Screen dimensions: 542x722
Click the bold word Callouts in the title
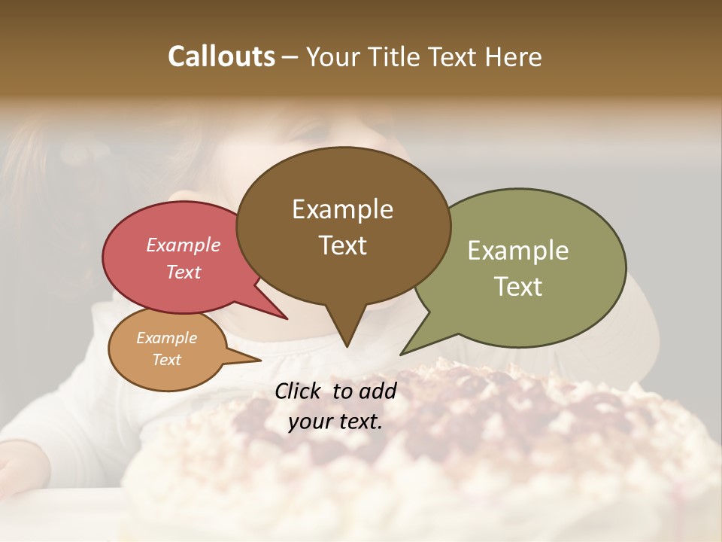click(222, 56)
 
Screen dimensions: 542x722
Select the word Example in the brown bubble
click(342, 209)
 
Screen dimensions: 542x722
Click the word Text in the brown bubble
click(342, 245)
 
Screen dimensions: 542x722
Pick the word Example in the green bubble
click(518, 251)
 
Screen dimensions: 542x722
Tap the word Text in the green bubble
click(518, 287)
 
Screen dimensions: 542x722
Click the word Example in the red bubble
click(184, 245)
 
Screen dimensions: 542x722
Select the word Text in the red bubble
click(184, 272)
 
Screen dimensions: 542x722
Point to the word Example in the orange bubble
click(167, 338)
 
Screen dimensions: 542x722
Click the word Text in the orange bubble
click(167, 360)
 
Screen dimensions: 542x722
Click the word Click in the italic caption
click(299, 391)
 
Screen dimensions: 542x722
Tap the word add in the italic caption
click(378, 391)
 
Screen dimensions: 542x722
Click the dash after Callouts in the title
click(290, 57)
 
